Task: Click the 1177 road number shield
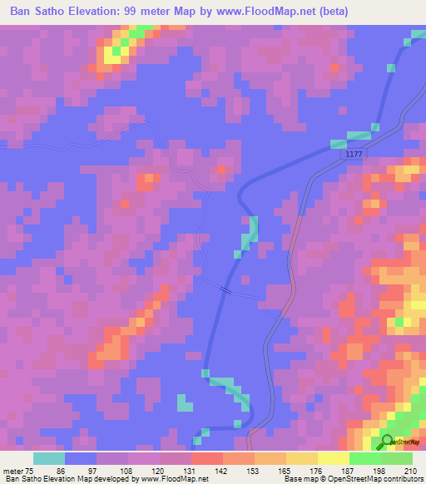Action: coord(354,155)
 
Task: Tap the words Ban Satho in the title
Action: coord(38,12)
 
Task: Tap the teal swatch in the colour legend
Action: coord(48,458)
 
